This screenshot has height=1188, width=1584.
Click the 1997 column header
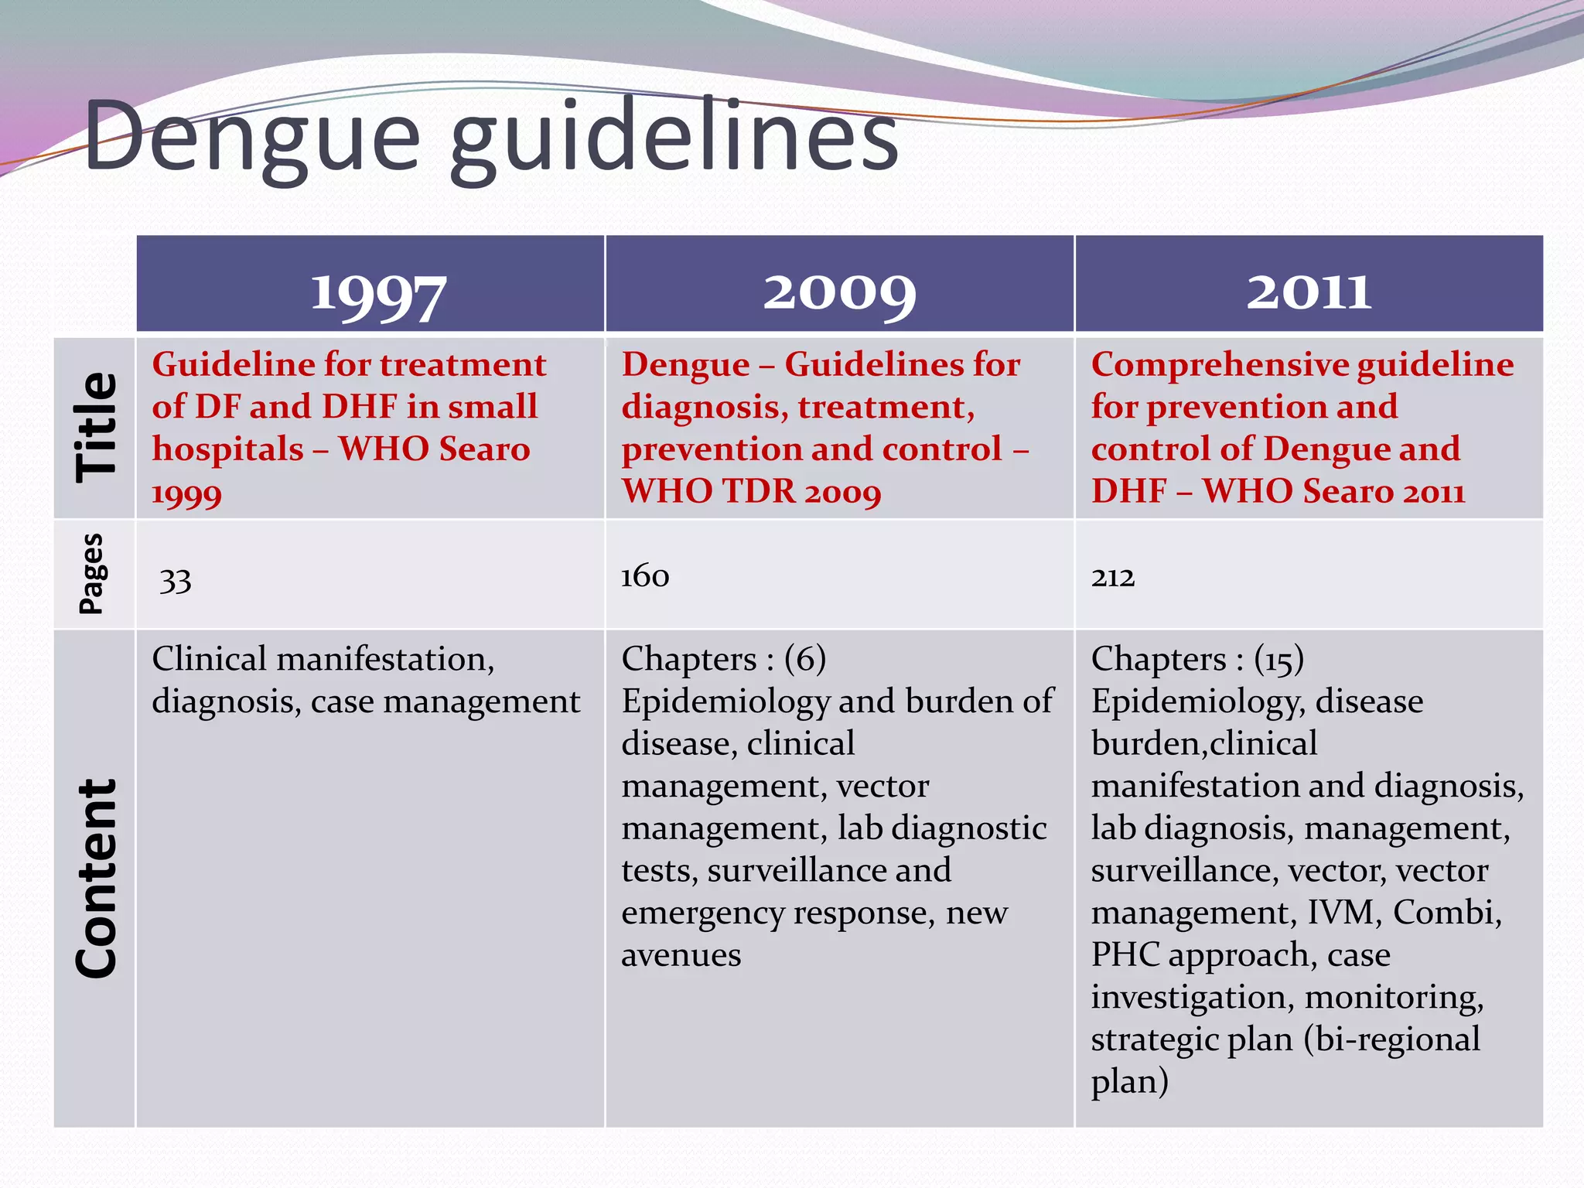pyautogui.click(x=377, y=294)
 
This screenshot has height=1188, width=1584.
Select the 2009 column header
pyautogui.click(x=839, y=294)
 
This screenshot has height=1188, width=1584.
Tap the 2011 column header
pyautogui.click(x=1309, y=292)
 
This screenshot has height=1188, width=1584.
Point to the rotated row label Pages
pyautogui.click(x=92, y=574)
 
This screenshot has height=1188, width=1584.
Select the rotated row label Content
pyautogui.click(x=96, y=878)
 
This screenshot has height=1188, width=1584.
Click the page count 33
pyautogui.click(x=176, y=580)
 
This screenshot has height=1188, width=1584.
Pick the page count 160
pyautogui.click(x=644, y=576)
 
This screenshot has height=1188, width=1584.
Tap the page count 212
pyautogui.click(x=1112, y=577)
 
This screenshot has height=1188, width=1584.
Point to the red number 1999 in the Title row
pyautogui.click(x=186, y=493)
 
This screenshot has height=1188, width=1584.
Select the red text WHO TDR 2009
pyautogui.click(x=751, y=491)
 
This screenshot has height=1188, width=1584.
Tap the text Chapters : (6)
pyautogui.click(x=723, y=659)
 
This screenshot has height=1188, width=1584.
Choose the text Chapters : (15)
pyautogui.click(x=1197, y=659)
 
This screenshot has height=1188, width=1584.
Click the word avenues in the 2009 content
pyautogui.click(x=681, y=955)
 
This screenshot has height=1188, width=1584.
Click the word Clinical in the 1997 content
pyautogui.click(x=209, y=659)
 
